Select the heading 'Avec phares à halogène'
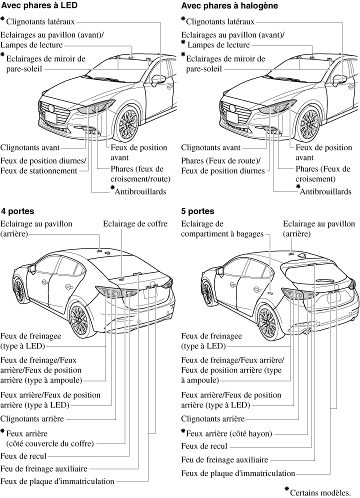point(222,5)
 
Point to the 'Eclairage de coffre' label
point(135,223)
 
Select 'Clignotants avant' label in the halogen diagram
point(210,147)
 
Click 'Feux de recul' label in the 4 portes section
point(24,456)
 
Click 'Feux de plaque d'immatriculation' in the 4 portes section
point(58,481)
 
